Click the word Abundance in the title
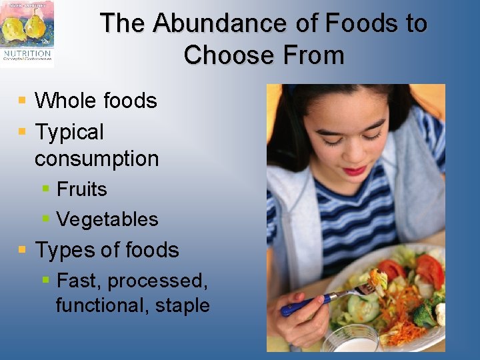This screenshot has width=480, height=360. (x=220, y=24)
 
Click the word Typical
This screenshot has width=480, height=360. (x=69, y=132)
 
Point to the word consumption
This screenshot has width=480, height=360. (x=97, y=159)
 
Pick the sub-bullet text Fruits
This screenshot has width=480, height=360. (x=81, y=189)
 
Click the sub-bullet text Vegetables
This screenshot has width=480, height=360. (x=107, y=219)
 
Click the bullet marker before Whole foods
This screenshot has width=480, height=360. (x=22, y=101)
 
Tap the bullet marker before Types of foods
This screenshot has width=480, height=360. (x=22, y=250)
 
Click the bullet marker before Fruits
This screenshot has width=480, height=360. (x=45, y=189)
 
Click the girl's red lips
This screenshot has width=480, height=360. (x=353, y=171)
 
